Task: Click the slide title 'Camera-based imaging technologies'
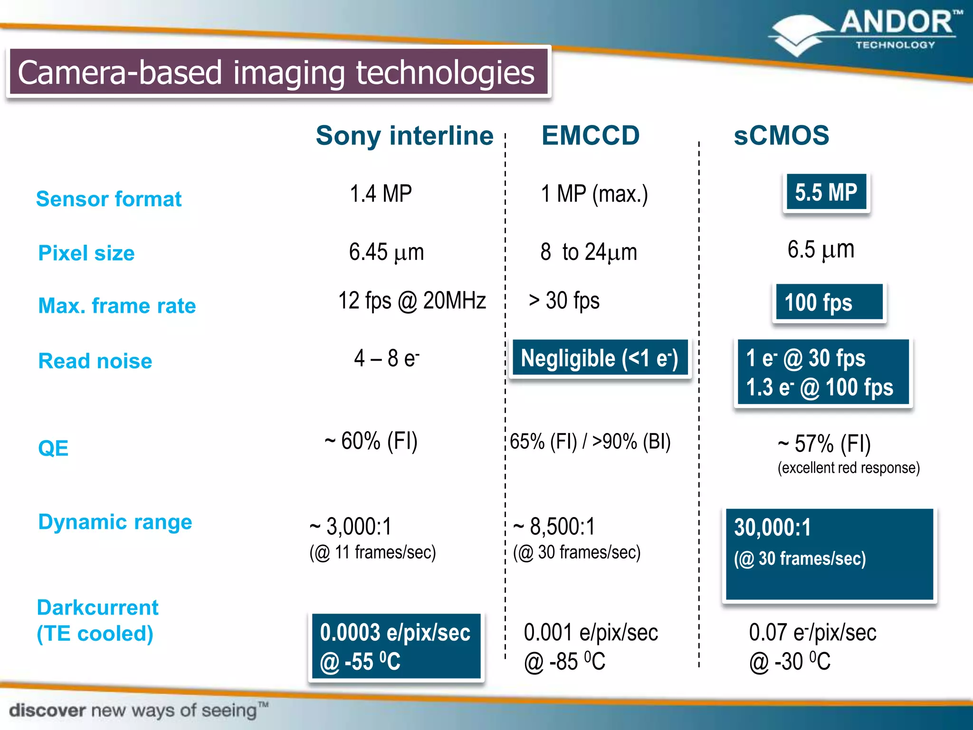277,73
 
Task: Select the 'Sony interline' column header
404,136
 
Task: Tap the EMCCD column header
591,135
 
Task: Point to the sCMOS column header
781,135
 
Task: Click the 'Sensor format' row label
109,199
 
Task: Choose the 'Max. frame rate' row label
117,306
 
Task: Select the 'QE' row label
53,448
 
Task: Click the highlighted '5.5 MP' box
826,192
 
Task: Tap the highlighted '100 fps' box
829,302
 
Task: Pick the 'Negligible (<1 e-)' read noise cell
600,359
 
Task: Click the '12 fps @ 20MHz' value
412,301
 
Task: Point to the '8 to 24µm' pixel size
589,252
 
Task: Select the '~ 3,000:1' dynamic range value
351,527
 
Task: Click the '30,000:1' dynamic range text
773,528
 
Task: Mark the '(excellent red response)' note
849,468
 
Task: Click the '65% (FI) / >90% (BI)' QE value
590,442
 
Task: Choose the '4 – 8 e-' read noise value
386,358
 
